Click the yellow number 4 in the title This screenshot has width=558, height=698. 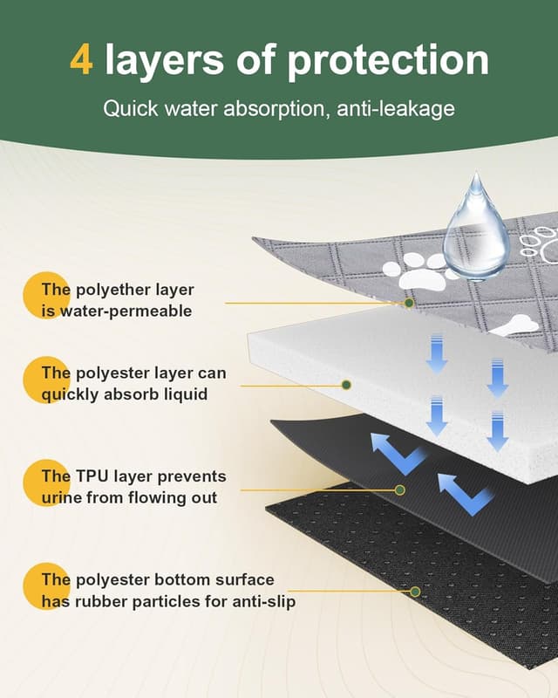pyautogui.click(x=81, y=59)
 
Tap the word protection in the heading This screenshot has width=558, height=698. pyautogui.click(x=388, y=61)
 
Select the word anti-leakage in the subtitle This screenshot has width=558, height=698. pyautogui.click(x=396, y=109)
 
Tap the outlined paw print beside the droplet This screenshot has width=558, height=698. pyautogui.click(x=540, y=243)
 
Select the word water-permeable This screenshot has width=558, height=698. pyautogui.click(x=126, y=311)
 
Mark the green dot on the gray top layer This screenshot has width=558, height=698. pyautogui.click(x=409, y=303)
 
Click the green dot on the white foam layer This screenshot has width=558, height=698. pyautogui.click(x=346, y=385)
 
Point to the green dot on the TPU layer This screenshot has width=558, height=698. pyautogui.click(x=400, y=490)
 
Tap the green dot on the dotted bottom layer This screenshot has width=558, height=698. pyautogui.click(x=415, y=592)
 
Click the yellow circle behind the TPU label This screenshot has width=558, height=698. pyautogui.click(x=47, y=483)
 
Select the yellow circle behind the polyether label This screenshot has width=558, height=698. pyautogui.click(x=47, y=296)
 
